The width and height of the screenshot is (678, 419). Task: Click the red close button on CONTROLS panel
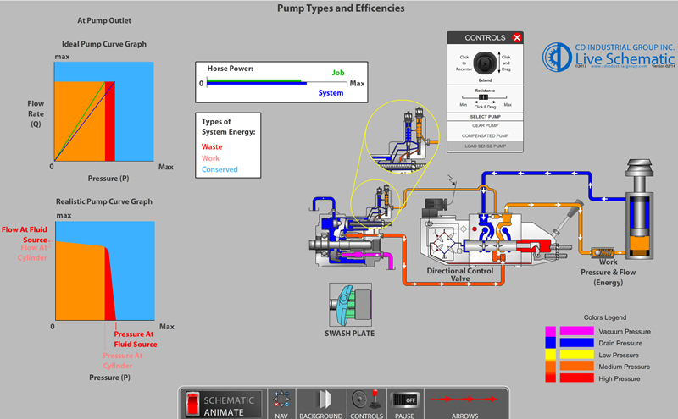pos(517,38)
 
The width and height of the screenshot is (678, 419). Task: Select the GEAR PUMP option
pos(484,125)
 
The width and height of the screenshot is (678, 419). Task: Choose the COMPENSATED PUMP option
pos(484,135)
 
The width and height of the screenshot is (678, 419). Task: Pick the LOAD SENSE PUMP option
pos(484,146)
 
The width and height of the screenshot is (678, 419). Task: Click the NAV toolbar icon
pos(283,402)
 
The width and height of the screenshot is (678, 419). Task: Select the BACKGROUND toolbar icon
pos(321,402)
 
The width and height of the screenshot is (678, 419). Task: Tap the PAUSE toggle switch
pos(403,402)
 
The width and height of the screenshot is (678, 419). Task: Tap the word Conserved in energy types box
pos(220,169)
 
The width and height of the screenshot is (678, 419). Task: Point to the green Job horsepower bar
pos(254,80)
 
